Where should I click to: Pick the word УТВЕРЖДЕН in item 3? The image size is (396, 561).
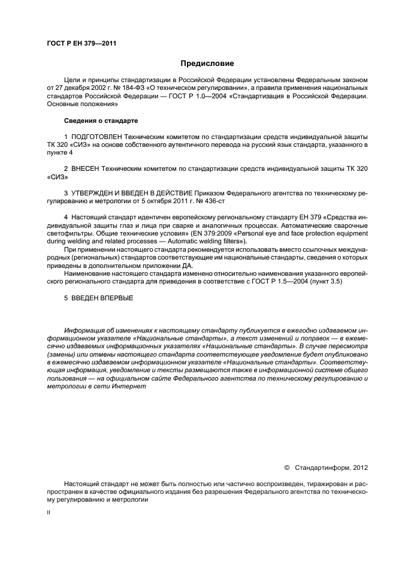pos(96,194)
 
